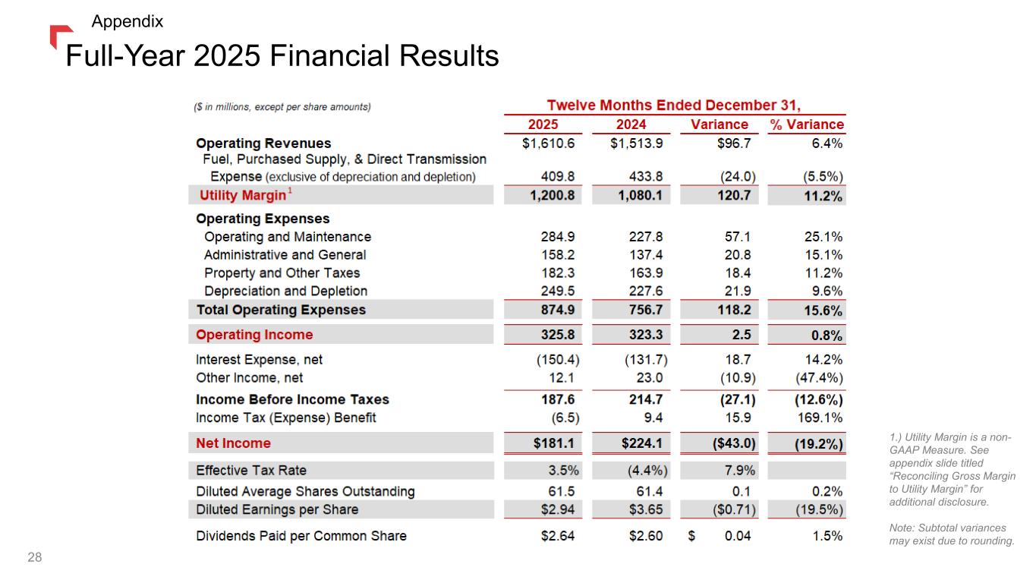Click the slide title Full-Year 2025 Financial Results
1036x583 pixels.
click(x=282, y=55)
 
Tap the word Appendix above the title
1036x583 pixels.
click(x=127, y=21)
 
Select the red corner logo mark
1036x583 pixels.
click(x=59, y=35)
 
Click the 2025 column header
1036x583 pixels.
click(x=543, y=124)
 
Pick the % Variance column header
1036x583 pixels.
click(x=807, y=124)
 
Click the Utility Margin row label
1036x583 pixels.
click(x=243, y=195)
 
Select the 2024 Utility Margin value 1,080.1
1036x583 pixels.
click(x=638, y=195)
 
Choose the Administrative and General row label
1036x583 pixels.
click(x=285, y=255)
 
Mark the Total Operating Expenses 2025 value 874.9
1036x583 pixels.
click(x=557, y=310)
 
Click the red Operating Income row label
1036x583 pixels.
click(x=254, y=335)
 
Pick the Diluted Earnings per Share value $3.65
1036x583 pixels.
click(x=645, y=509)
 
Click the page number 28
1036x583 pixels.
click(x=35, y=559)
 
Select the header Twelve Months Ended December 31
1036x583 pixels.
click(x=675, y=105)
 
